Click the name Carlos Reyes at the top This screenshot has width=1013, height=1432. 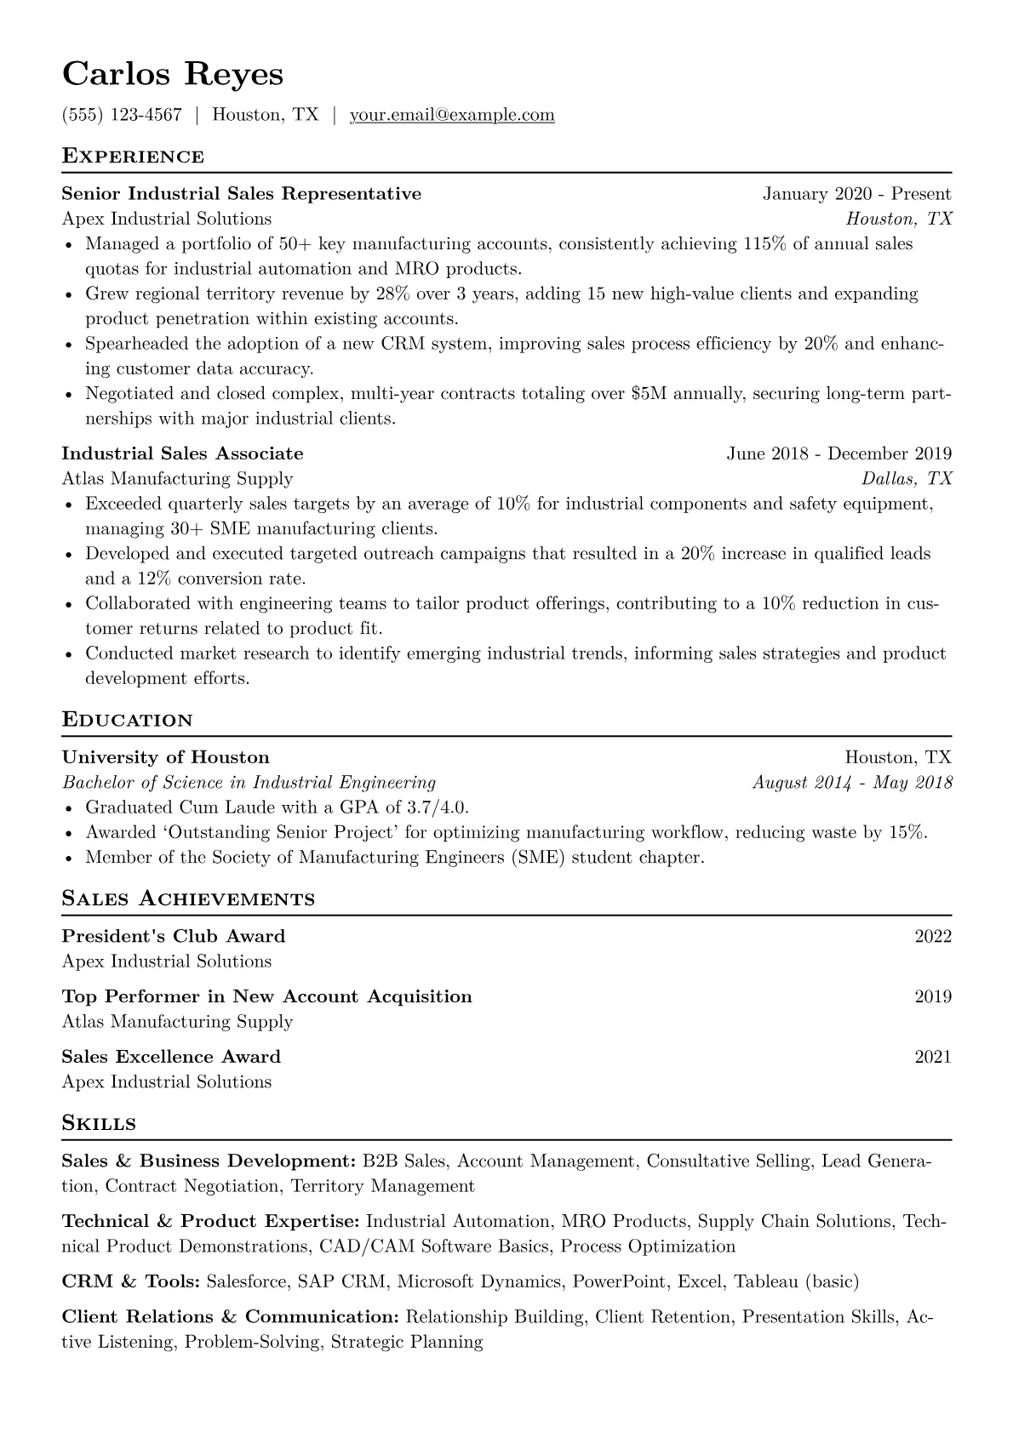click(173, 74)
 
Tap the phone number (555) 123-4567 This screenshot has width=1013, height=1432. click(122, 115)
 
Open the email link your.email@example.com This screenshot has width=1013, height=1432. click(452, 115)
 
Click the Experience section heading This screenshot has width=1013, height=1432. click(133, 157)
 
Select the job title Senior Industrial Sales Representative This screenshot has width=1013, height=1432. click(242, 194)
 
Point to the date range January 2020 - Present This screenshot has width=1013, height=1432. click(856, 194)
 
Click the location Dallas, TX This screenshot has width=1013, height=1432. click(907, 478)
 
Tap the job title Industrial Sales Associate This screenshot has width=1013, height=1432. click(182, 454)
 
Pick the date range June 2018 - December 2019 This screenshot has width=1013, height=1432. click(838, 454)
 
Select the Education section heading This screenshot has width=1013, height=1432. click(128, 721)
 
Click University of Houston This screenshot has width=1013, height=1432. click(165, 757)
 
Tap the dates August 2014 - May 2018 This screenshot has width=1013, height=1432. click(852, 783)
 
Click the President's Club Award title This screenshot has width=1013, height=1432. click(174, 937)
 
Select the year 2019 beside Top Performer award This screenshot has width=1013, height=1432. click(933, 997)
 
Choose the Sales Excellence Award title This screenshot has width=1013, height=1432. click(171, 1057)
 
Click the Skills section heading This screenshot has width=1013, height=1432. click(99, 1123)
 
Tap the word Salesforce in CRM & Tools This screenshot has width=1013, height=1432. click(246, 1281)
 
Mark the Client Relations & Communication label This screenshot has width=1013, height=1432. click(230, 1317)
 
